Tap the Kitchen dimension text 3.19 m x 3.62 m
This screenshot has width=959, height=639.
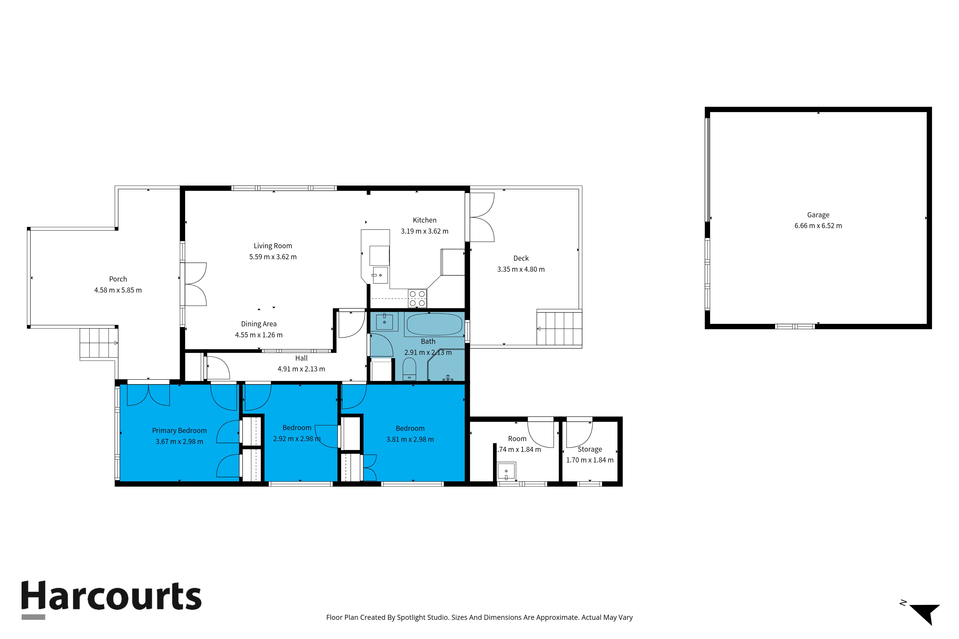coord(424,231)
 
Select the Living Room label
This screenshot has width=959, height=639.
coord(273,246)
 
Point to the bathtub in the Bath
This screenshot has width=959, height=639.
coord(434,324)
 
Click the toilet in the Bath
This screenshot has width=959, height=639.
coord(409,369)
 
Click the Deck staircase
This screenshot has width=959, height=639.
coord(559,328)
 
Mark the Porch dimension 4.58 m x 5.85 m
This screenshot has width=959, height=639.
coord(118,290)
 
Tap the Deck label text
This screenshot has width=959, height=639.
coord(521,258)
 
